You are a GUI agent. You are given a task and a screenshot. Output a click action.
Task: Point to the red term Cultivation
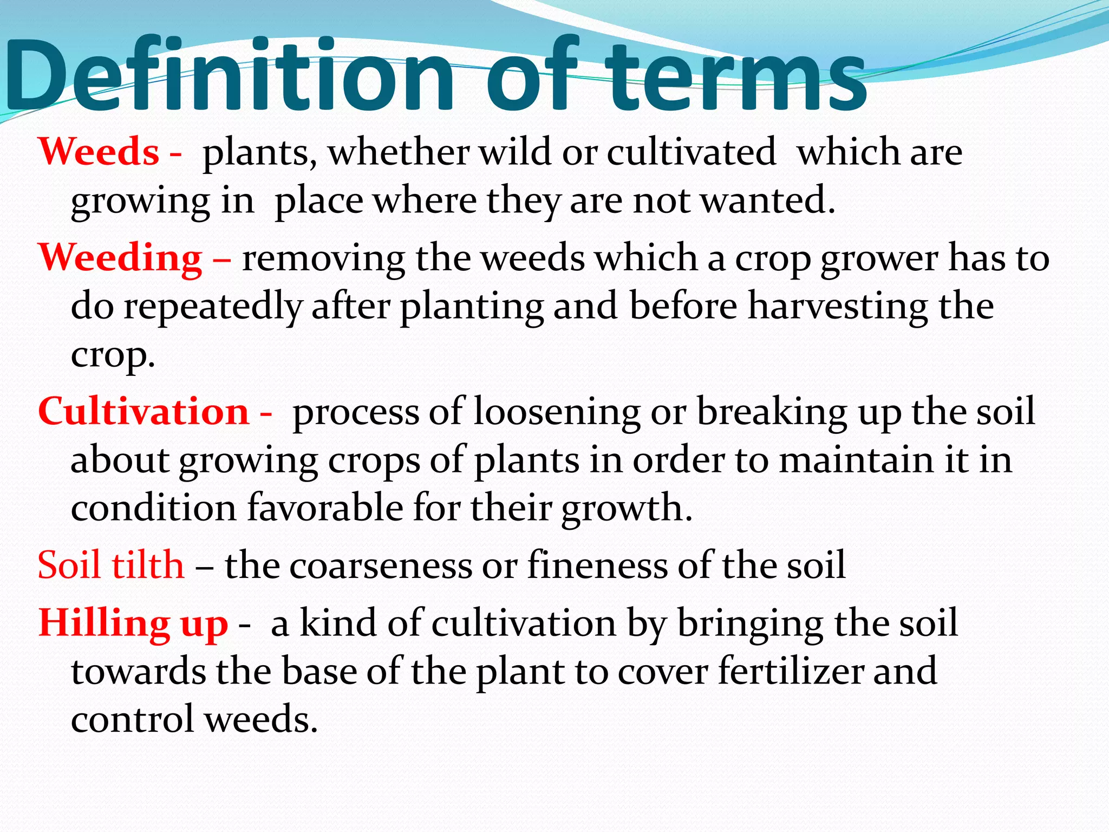pos(143,412)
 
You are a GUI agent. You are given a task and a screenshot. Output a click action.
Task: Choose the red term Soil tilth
pos(111,565)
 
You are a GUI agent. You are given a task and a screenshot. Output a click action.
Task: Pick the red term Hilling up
pos(133,623)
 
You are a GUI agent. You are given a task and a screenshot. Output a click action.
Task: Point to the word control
pos(132,719)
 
